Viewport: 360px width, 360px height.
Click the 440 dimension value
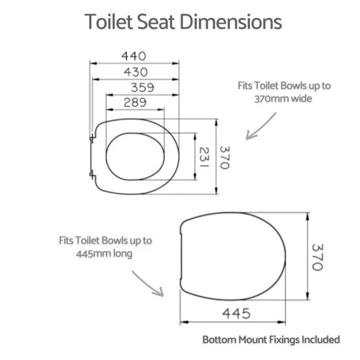pyautogui.click(x=134, y=56)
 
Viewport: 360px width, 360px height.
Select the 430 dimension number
pyautogui.click(x=136, y=72)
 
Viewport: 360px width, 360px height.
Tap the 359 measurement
pyautogui.click(x=142, y=88)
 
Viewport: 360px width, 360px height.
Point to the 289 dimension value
pyautogui.click(x=135, y=102)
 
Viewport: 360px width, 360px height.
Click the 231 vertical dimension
pyautogui.click(x=204, y=157)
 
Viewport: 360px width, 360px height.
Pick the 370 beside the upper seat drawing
pyautogui.click(x=225, y=157)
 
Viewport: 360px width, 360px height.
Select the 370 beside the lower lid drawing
pyautogui.click(x=318, y=257)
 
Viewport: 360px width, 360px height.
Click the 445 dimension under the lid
pyautogui.click(x=236, y=313)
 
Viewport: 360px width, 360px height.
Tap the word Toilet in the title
pyautogui.click(x=109, y=22)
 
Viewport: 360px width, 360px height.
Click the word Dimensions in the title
pyautogui.click(x=230, y=22)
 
